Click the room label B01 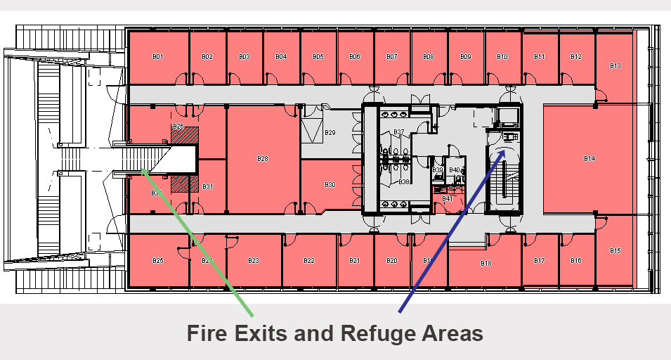click(158, 56)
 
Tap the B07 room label click(391, 56)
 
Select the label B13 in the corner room click(615, 65)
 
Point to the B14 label click(589, 159)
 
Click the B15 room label click(615, 250)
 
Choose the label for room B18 click(486, 264)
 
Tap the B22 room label click(308, 261)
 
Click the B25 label click(158, 261)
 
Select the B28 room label click(262, 159)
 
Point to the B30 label click(330, 184)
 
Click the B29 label click(330, 132)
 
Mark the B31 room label click(208, 187)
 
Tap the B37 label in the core click(398, 132)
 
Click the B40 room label click(454, 170)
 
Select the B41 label click(447, 199)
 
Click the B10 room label click(502, 56)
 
